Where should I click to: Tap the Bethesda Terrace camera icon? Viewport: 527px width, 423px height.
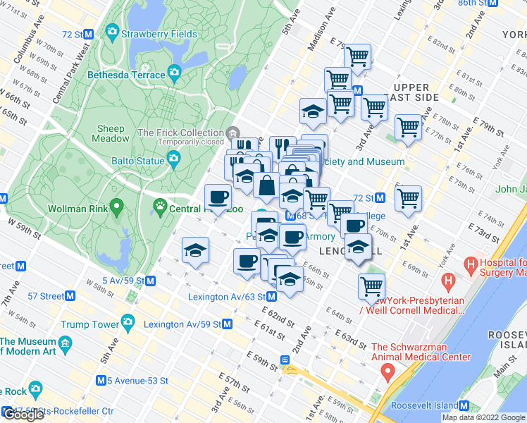(x=174, y=74)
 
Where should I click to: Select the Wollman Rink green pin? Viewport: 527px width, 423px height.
(x=118, y=208)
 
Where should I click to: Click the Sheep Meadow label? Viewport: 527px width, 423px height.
(x=111, y=134)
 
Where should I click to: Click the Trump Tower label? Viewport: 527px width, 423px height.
(x=89, y=324)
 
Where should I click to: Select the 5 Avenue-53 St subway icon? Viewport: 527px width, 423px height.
(x=102, y=380)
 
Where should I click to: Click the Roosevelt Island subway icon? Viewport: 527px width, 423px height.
(x=464, y=405)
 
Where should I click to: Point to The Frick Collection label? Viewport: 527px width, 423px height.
(x=180, y=133)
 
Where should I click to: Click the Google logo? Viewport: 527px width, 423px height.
(x=23, y=415)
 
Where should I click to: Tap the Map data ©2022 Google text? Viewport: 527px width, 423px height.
(x=483, y=417)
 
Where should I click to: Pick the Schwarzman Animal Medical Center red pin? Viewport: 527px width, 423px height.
(x=387, y=374)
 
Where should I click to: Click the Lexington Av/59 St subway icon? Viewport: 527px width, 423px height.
(x=227, y=324)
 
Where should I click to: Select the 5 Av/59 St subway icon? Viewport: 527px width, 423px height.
(x=151, y=281)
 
